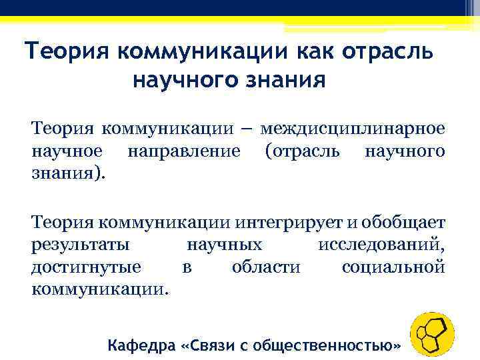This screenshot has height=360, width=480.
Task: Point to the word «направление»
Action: click(183, 151)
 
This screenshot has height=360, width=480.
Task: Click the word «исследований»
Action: click(381, 245)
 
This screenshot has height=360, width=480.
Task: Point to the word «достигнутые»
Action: click(86, 268)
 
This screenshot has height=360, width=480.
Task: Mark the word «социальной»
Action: click(393, 268)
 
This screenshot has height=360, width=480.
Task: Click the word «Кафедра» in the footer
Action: click(142, 346)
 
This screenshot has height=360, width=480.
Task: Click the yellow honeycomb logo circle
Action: click(431, 334)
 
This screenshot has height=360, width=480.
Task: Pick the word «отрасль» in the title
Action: click(392, 51)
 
